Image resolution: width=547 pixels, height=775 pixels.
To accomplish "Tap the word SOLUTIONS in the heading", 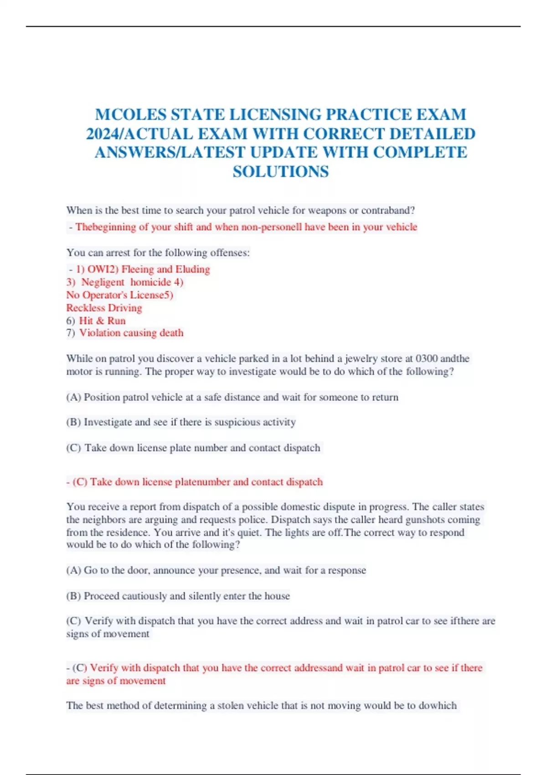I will [281, 172].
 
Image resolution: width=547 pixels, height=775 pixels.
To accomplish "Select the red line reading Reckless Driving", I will [104, 308].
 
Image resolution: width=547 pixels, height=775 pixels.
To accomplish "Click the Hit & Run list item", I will [102, 320].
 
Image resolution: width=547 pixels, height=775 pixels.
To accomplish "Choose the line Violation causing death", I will [131, 333].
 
